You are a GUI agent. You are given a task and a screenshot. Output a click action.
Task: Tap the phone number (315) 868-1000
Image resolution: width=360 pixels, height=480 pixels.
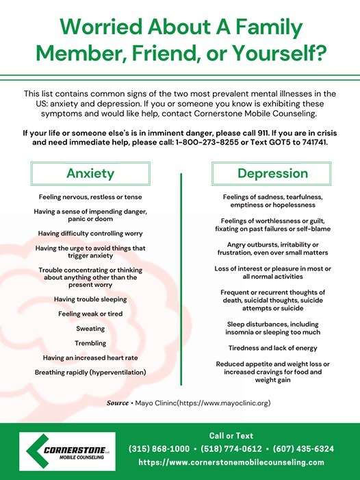(159, 449)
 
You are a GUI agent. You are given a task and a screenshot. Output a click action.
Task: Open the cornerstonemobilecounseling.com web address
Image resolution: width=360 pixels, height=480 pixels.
(231, 462)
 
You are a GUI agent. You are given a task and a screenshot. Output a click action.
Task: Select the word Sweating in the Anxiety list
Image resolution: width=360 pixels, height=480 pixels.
(90, 329)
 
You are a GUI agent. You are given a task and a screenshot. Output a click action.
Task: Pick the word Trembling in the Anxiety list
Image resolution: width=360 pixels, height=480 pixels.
(90, 343)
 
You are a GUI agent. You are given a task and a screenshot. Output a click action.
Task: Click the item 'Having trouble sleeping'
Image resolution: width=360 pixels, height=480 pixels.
(90, 299)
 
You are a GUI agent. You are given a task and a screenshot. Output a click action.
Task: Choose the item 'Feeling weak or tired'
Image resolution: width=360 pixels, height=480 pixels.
(90, 314)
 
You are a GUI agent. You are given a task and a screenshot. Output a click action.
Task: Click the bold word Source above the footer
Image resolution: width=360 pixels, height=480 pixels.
(117, 403)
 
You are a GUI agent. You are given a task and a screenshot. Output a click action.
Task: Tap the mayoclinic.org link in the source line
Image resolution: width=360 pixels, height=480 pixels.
(226, 403)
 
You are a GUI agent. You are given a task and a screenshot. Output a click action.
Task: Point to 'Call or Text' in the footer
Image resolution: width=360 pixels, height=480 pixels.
(231, 435)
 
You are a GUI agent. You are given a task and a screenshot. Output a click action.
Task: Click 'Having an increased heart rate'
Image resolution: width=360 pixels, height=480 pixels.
(90, 357)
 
